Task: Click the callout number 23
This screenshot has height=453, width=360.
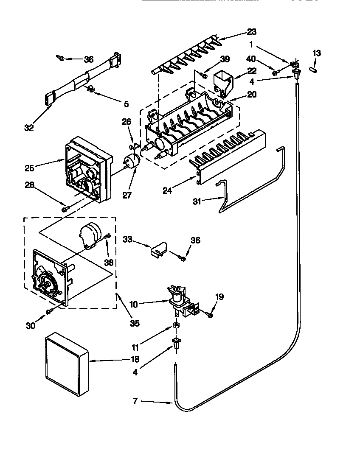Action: coord(252,32)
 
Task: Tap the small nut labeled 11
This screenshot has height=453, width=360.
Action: coord(174,327)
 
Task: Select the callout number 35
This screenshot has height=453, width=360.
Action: coord(134,323)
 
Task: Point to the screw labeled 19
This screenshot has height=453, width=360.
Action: coord(209,314)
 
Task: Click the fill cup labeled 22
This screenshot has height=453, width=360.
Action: coord(222,82)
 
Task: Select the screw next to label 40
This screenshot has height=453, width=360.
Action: coord(276,73)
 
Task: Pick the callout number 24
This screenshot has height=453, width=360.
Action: coord(167,190)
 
